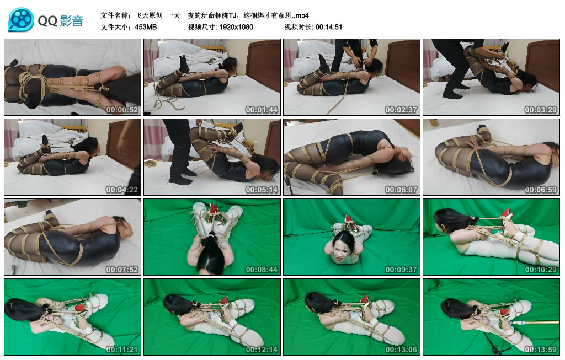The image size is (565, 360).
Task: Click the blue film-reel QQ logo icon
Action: (x=21, y=20)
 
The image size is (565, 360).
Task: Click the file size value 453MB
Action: (x=146, y=27)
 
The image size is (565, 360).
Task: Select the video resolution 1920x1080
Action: (x=236, y=27)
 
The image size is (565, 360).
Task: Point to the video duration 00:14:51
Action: (x=329, y=27)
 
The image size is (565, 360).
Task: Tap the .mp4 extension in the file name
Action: (x=302, y=15)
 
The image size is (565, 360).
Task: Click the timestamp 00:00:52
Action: (x=122, y=110)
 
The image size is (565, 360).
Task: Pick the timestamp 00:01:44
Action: (x=262, y=110)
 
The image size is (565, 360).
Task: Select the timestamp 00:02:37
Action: (x=401, y=110)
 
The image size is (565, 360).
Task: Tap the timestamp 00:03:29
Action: (x=541, y=110)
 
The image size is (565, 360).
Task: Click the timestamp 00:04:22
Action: (x=122, y=190)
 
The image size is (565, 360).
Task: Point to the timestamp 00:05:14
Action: (x=262, y=190)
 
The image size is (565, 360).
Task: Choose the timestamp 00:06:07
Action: (x=401, y=190)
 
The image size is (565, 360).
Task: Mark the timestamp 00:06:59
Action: (x=541, y=190)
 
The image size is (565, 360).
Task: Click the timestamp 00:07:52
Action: (x=122, y=270)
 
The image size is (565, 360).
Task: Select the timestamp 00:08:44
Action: (x=262, y=270)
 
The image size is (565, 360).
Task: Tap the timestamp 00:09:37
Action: (x=401, y=270)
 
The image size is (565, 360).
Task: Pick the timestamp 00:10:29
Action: (x=541, y=270)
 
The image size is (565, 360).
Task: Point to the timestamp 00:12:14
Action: (x=262, y=350)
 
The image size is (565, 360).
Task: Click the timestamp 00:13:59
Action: (x=541, y=350)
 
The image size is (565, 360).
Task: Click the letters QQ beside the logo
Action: (x=47, y=21)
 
